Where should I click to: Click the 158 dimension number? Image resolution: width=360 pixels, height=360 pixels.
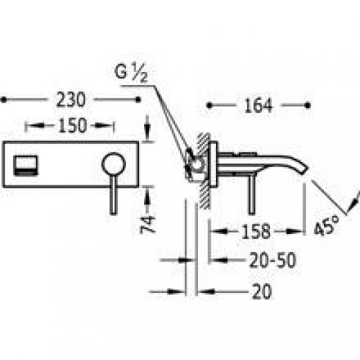pos(256,232)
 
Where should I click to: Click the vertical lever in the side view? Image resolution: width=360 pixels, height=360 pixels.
pos(251,193)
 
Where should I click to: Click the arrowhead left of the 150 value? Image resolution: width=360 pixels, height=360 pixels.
pos(30,125)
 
